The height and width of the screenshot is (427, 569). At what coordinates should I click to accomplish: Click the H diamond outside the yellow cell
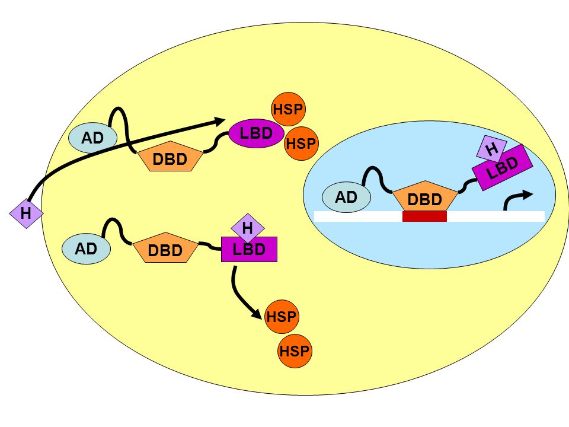(26, 213)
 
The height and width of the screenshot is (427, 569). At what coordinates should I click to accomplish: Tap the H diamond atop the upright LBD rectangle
(248, 228)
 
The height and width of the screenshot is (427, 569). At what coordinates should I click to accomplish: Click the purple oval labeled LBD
(256, 133)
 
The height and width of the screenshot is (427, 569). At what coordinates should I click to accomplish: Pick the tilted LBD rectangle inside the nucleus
(502, 167)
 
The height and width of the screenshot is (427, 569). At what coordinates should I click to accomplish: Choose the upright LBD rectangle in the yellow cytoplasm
(250, 250)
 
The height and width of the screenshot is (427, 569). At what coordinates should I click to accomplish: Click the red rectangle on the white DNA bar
(424, 216)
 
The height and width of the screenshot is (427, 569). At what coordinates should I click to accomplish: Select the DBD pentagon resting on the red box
(425, 196)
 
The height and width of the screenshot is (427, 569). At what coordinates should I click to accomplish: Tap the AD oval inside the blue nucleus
(347, 197)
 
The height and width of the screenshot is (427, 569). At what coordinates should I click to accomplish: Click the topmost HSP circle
(288, 109)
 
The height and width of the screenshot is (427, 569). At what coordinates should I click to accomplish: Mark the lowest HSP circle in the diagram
(295, 351)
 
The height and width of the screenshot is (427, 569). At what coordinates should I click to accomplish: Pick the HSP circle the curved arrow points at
(282, 317)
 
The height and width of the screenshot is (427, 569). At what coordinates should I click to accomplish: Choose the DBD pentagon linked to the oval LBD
(170, 157)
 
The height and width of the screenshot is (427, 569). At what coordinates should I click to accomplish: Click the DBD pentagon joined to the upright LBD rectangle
(165, 248)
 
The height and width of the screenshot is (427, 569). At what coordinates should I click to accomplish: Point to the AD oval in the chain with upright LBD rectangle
(87, 248)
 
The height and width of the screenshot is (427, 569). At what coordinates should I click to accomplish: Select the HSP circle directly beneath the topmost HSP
(301, 144)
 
